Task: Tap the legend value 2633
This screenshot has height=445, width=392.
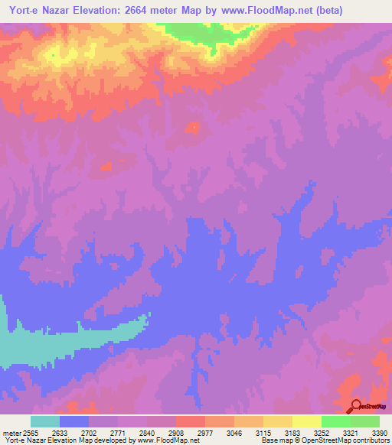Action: point(60,432)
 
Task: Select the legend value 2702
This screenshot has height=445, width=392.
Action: point(90,432)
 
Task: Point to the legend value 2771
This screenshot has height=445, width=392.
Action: point(119,432)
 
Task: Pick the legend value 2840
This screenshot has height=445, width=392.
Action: point(148,432)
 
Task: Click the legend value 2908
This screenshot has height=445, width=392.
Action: point(177,432)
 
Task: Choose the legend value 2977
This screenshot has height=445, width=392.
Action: point(206,432)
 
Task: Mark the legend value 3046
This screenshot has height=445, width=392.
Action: point(235,432)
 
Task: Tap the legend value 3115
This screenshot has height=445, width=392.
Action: point(264,432)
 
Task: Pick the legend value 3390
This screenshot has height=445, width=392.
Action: point(379,432)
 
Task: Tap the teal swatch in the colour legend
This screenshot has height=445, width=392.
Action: point(45,421)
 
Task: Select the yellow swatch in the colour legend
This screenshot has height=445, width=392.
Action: point(307,421)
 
